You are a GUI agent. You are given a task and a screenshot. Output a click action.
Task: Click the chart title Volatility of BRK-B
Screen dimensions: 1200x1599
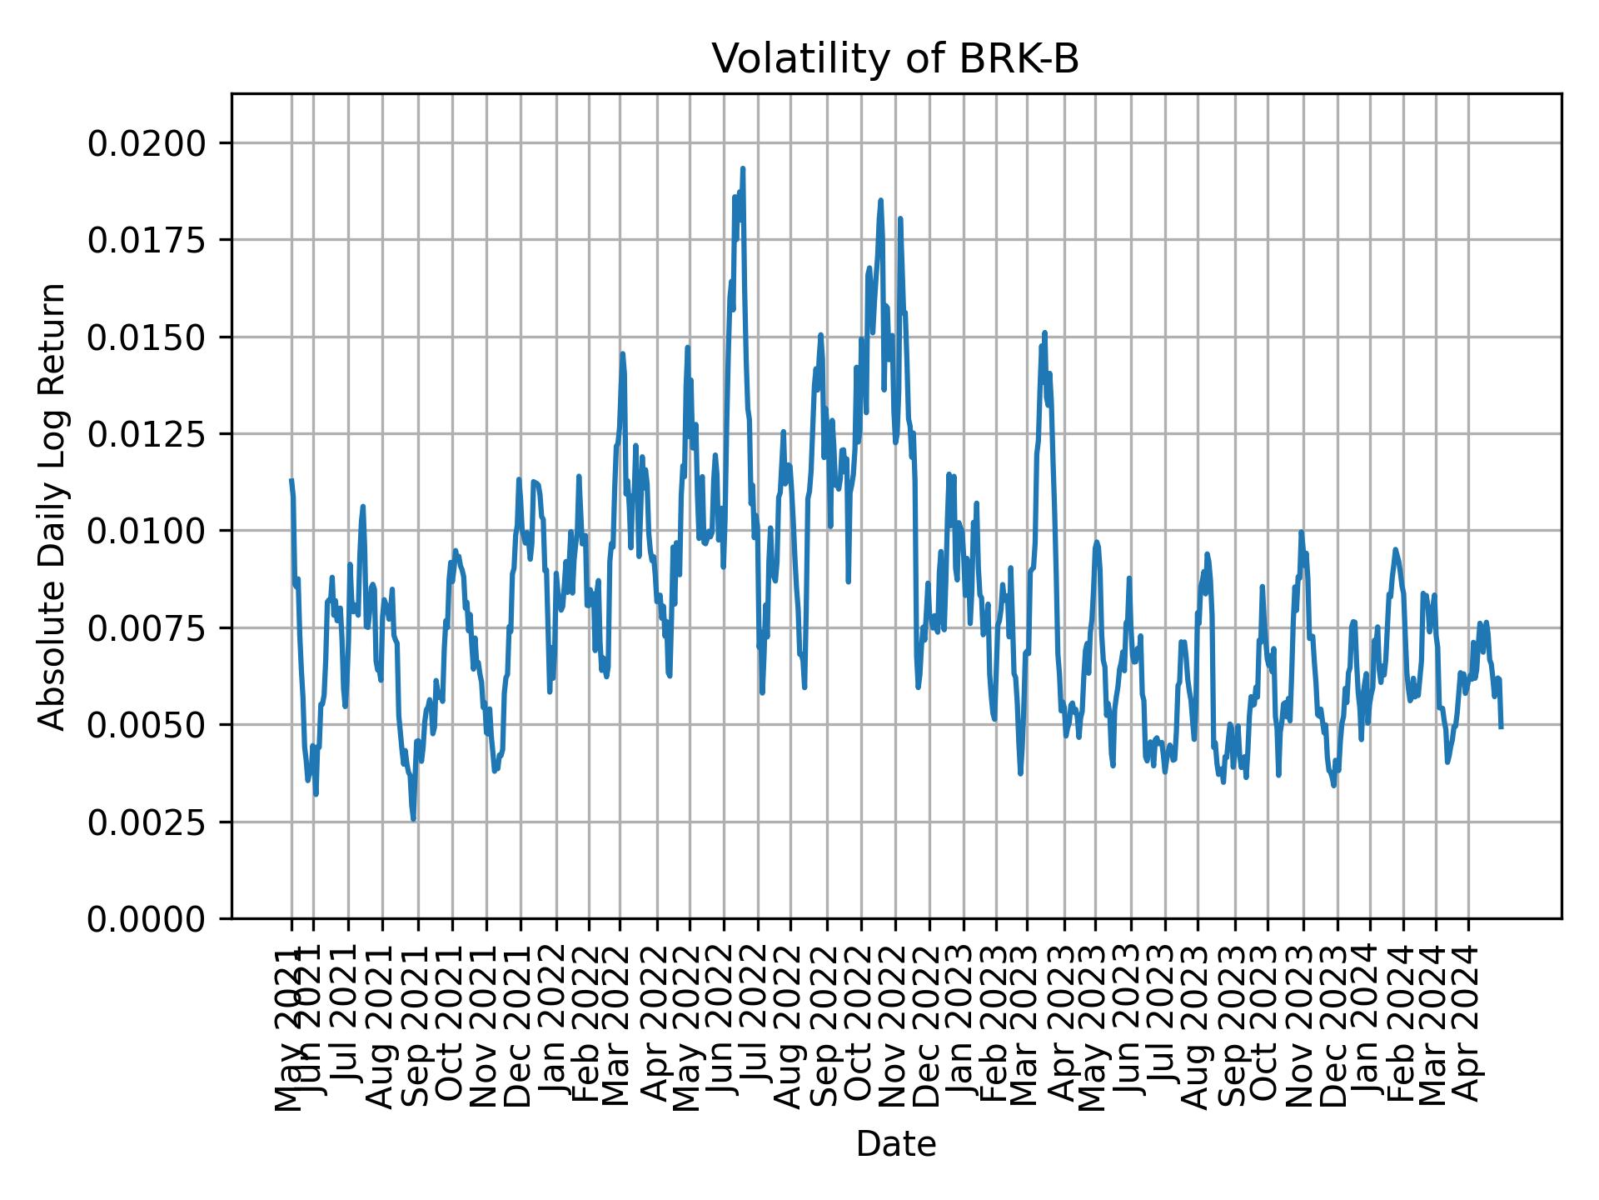pos(895,59)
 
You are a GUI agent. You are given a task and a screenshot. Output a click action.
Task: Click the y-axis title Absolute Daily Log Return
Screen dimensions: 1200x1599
pos(52,506)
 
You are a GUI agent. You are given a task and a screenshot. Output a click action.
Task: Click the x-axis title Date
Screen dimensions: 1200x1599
pos(895,1144)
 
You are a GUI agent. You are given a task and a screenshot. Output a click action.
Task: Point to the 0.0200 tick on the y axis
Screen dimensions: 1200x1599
pos(147,143)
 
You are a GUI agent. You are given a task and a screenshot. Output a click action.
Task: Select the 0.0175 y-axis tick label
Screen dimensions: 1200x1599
pos(147,240)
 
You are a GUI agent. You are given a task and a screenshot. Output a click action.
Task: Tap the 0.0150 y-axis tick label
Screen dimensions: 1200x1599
pos(147,337)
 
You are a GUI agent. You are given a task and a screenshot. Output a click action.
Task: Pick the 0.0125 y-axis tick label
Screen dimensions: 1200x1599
pos(147,434)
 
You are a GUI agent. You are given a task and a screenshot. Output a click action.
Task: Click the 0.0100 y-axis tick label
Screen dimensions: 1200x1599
pos(147,531)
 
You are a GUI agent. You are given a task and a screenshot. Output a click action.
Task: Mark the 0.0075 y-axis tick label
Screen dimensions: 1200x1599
pos(147,627)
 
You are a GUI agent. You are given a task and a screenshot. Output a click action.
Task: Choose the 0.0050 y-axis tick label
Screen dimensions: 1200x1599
pos(147,725)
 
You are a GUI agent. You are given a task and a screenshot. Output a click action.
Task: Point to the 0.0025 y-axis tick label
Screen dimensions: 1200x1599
pos(147,822)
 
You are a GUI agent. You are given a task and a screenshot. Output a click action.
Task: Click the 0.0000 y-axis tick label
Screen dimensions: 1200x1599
pos(147,918)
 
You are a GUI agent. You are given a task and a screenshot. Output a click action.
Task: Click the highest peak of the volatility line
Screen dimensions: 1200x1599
pos(743,168)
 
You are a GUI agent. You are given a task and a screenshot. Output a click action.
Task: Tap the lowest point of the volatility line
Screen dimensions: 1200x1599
pos(413,819)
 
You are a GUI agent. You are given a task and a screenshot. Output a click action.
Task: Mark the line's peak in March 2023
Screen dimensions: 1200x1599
pos(1044,332)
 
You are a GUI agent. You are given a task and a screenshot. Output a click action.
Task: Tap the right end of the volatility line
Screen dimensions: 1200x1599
pos(1501,727)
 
